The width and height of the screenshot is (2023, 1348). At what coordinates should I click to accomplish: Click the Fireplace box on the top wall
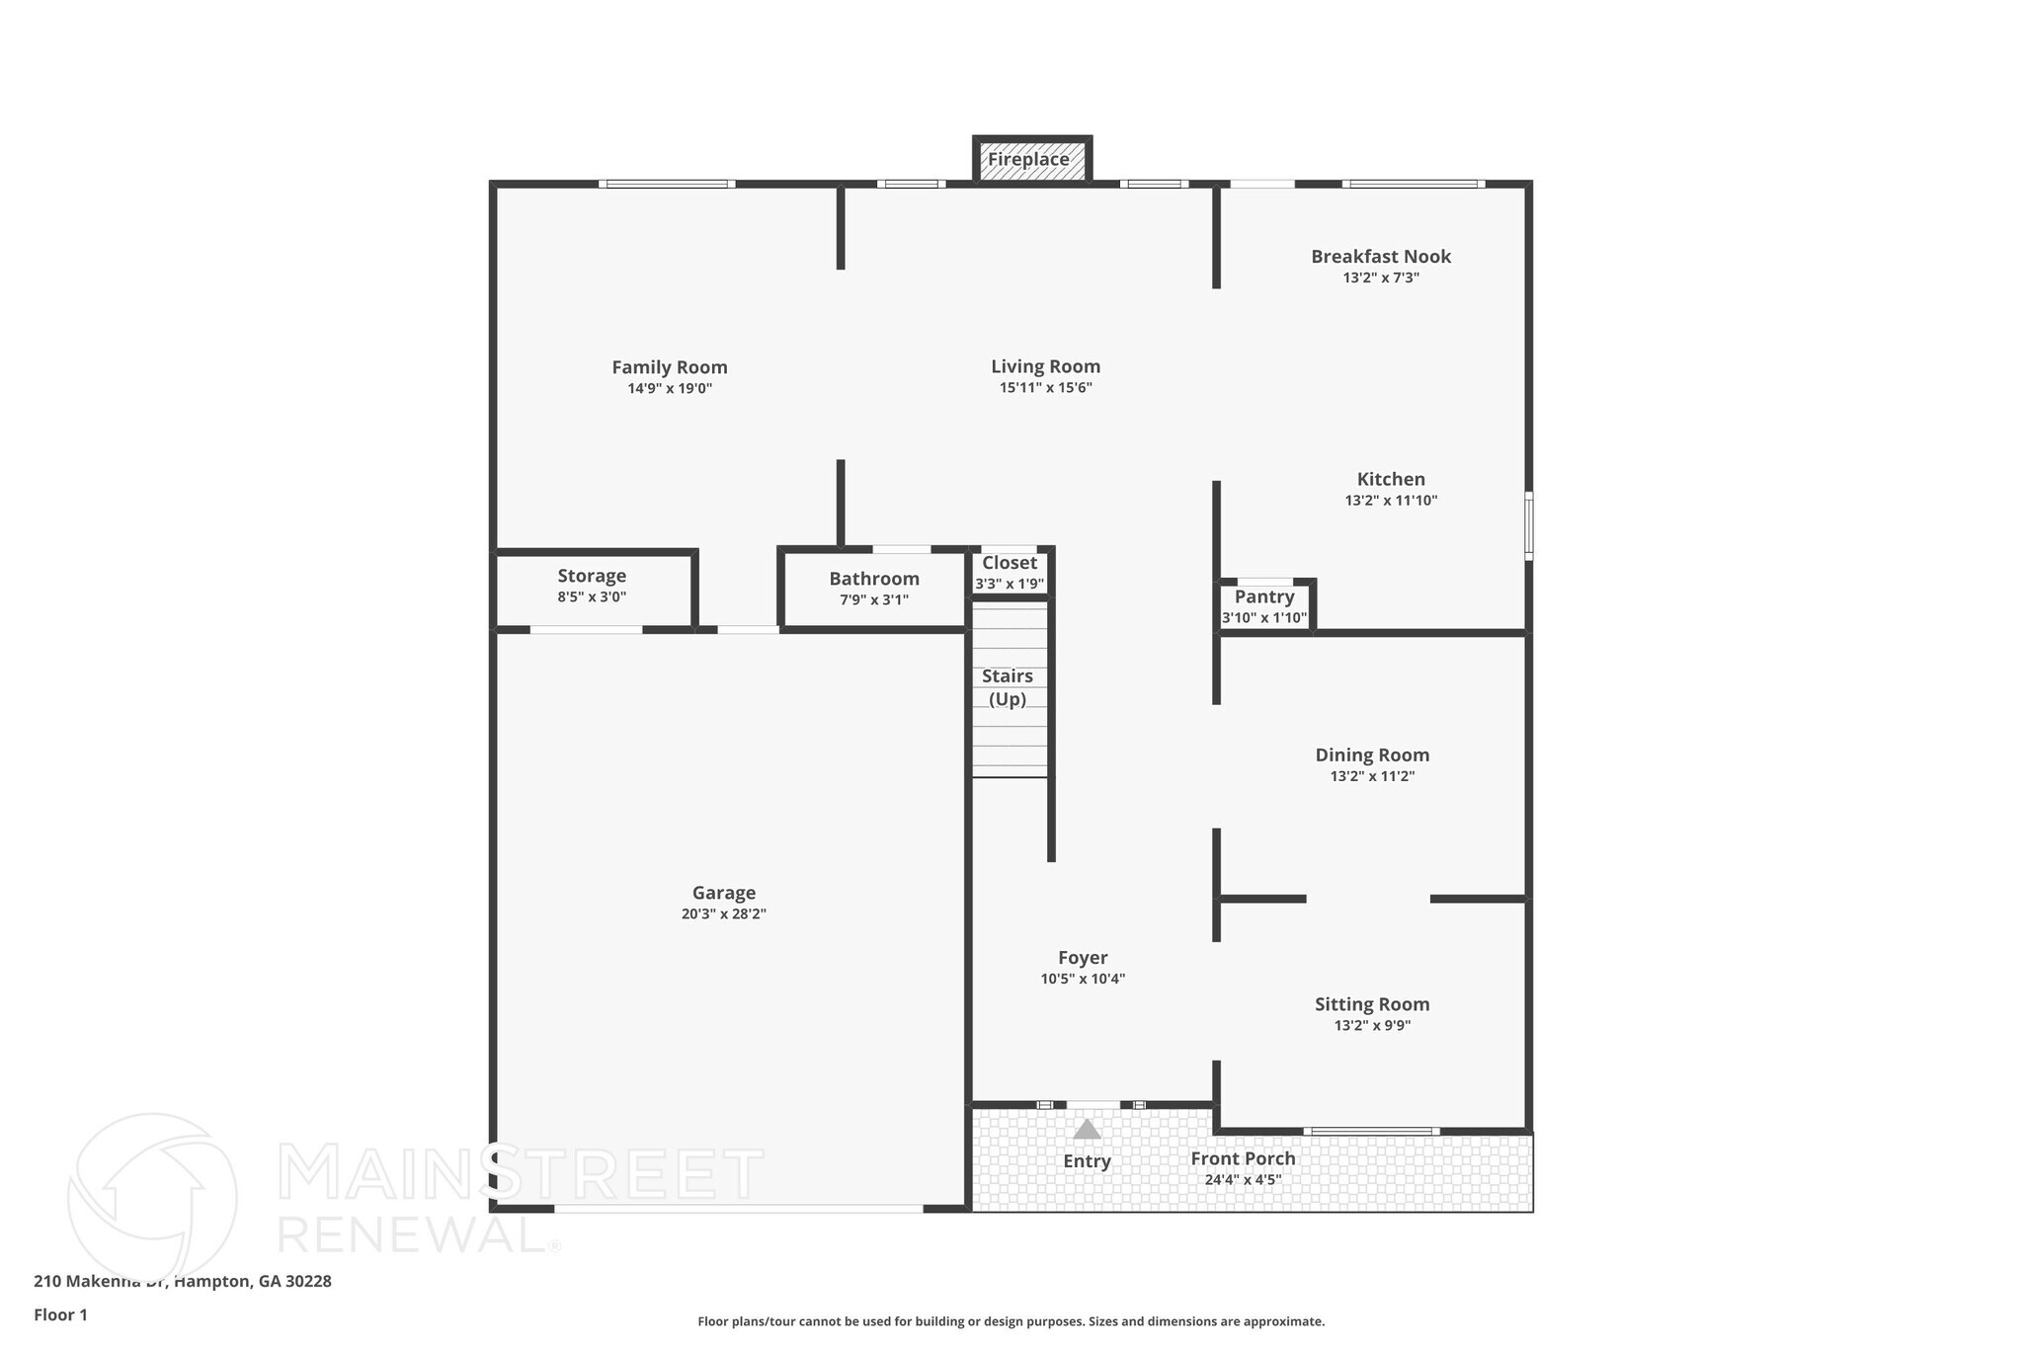[x=1031, y=160]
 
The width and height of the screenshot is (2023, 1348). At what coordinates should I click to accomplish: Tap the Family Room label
[x=669, y=367]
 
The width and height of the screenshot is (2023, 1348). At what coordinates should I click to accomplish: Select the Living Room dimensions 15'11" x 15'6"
[x=1045, y=388]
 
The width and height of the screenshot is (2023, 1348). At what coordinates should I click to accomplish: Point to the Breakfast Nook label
[x=1380, y=257]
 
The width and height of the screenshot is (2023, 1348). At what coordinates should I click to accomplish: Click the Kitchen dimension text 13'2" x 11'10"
[x=1390, y=501]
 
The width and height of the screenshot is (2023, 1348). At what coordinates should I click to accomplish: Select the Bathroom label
[x=873, y=579]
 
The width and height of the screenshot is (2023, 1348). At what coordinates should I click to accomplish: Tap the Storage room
[x=592, y=586]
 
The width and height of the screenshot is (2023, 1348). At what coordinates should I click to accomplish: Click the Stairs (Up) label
[x=1007, y=687]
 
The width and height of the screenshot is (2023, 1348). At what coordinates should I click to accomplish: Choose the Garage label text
[x=723, y=893]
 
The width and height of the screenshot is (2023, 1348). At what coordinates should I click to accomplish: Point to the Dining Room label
[x=1371, y=755]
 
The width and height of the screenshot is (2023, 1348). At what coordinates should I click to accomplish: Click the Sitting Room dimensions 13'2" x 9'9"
[x=1371, y=1026]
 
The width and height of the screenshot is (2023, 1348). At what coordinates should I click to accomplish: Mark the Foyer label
[x=1082, y=958]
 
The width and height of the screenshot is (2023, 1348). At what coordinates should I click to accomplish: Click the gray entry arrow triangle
[x=1087, y=1129]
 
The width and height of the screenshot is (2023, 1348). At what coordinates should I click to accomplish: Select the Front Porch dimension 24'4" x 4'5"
[x=1242, y=1180]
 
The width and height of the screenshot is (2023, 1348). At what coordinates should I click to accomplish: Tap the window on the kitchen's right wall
[x=1528, y=525]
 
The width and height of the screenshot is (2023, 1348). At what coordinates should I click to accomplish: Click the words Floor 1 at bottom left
[x=60, y=1315]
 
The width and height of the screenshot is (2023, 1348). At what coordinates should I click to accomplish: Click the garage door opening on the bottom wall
[x=738, y=1208]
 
